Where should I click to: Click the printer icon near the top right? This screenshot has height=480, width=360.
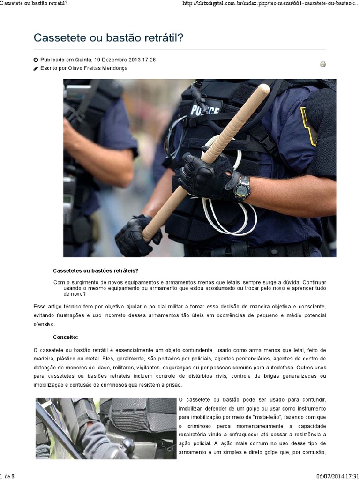(323, 64)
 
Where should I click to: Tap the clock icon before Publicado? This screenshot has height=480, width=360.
(36, 60)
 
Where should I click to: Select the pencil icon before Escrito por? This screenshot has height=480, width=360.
(36, 68)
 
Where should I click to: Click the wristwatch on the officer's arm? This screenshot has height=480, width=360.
(242, 188)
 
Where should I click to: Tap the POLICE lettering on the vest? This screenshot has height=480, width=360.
(205, 110)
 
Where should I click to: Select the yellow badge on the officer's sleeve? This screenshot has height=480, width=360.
(307, 126)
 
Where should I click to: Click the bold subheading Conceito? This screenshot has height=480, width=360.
(66, 337)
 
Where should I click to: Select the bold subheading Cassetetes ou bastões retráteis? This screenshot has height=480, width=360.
(96, 271)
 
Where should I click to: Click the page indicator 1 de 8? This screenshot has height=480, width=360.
(8, 476)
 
